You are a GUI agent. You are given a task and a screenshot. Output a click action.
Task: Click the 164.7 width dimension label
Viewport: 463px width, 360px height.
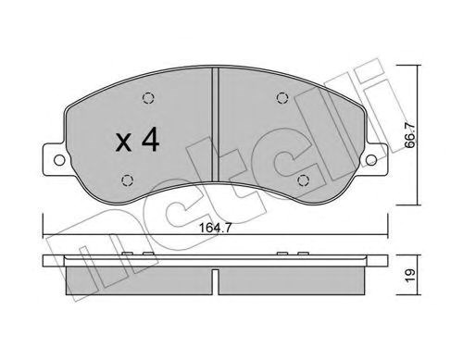(x=215, y=228)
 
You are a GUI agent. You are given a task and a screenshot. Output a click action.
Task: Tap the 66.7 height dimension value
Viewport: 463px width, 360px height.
(x=410, y=135)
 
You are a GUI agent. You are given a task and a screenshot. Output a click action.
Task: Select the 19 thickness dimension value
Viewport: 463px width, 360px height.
(x=410, y=275)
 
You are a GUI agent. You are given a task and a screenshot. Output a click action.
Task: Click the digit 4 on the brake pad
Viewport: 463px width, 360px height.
(x=150, y=141)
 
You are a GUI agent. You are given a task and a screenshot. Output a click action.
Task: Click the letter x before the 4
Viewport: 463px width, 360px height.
(x=123, y=143)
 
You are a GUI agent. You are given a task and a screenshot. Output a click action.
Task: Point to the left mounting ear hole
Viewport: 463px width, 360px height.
(x=59, y=160)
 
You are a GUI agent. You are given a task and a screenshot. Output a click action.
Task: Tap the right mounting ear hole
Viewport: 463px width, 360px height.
(x=371, y=160)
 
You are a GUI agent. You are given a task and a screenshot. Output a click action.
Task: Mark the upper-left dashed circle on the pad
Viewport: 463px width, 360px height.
(x=148, y=98)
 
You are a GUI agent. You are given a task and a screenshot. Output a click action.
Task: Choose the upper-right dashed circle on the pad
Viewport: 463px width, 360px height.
(x=282, y=98)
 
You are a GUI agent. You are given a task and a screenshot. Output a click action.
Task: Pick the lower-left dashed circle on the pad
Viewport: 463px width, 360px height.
(x=127, y=180)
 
